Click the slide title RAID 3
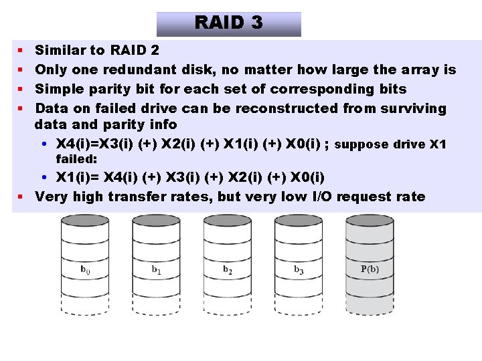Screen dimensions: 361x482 228,23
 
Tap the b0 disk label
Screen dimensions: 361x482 85,270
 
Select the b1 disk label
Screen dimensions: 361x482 156,270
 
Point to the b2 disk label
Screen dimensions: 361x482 228,270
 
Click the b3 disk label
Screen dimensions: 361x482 299,270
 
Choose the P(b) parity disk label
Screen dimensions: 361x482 370,270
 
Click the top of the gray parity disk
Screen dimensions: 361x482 370,221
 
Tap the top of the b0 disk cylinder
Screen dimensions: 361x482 85,221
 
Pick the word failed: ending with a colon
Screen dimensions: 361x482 76,159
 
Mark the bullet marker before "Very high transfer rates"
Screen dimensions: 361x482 21,197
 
